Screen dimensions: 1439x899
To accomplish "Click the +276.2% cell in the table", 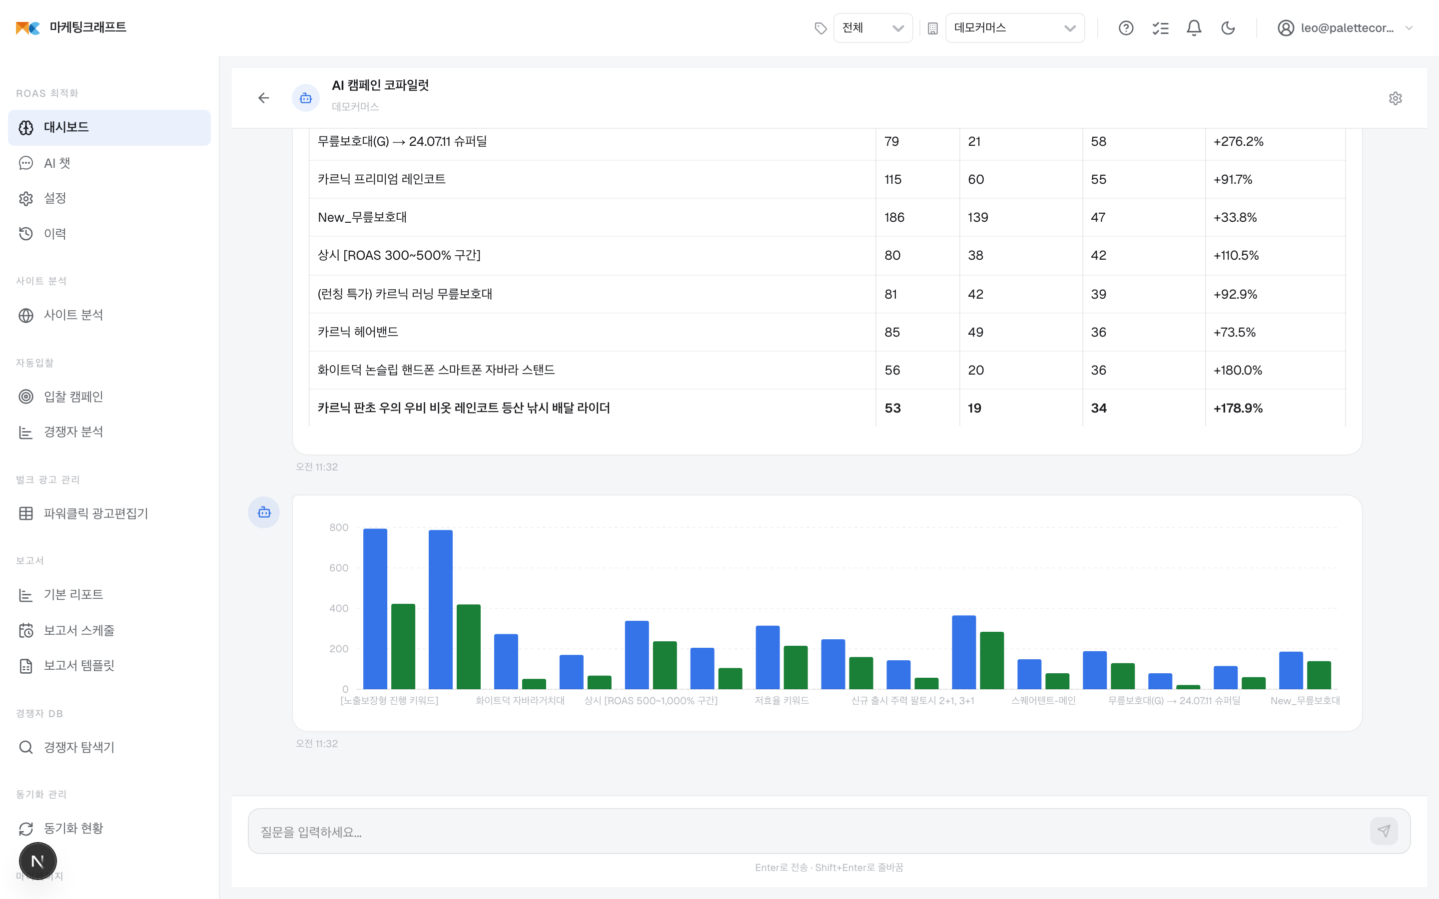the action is (x=1238, y=141).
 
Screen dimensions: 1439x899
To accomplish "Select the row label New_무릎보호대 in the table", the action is (x=362, y=218).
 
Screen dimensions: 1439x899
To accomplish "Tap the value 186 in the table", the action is (x=894, y=218).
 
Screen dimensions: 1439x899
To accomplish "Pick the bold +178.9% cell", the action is (x=1238, y=409).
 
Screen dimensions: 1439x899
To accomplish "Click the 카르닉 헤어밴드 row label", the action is (x=358, y=332).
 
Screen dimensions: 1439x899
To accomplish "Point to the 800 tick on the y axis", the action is (x=338, y=527).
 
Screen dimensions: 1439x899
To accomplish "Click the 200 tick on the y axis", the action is (x=338, y=649).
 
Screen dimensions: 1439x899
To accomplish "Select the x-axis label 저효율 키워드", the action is (x=781, y=700).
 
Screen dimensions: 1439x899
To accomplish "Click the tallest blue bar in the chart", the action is (x=375, y=609).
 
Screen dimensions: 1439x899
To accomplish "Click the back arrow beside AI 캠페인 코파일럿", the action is (x=263, y=98).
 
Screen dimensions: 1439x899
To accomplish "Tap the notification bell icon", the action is (x=1194, y=28).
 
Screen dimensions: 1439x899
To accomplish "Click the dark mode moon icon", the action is (x=1228, y=28).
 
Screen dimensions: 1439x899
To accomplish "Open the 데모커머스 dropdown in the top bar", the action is (x=1014, y=28).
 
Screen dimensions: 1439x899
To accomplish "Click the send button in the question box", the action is (x=1384, y=831).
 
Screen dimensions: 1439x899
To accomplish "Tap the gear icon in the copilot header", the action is (x=1396, y=98).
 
